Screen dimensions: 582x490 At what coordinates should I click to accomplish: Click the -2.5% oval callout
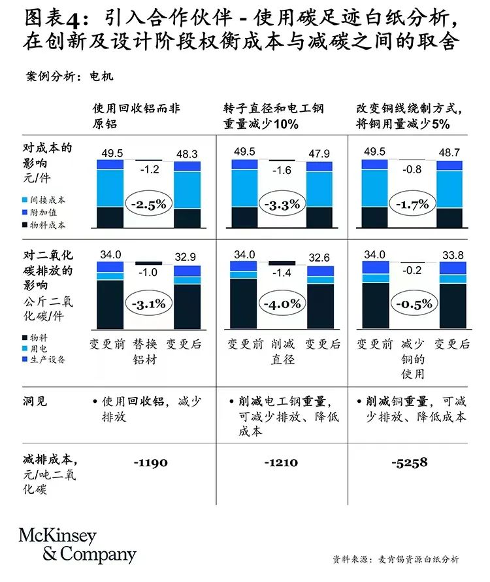coord(148,203)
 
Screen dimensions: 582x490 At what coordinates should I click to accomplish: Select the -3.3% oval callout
coord(280,203)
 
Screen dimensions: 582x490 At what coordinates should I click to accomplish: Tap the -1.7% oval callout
coord(412,203)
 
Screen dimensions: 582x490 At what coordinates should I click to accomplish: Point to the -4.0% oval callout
coord(280,303)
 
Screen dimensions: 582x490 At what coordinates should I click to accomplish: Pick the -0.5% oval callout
coord(412,303)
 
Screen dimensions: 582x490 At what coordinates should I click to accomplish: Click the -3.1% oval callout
coord(148,303)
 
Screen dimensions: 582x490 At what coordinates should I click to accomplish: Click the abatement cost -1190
coord(150,462)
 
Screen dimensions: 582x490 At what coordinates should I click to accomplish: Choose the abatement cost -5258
coord(410,462)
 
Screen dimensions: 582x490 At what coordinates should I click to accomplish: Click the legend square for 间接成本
coord(25,200)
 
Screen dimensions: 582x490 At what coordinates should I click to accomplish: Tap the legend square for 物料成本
coord(25,225)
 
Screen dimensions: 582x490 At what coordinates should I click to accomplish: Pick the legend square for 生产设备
coord(25,359)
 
